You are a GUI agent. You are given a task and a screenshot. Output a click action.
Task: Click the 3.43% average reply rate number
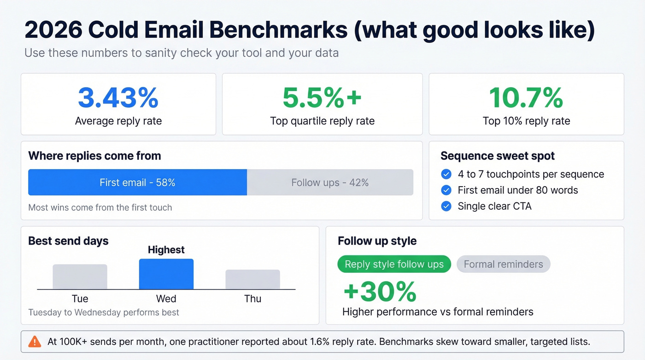point(118,98)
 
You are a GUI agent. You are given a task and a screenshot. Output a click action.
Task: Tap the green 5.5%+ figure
point(322,98)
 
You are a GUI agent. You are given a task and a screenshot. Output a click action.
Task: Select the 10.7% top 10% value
point(526,98)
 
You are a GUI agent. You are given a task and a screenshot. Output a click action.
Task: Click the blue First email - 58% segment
point(137,183)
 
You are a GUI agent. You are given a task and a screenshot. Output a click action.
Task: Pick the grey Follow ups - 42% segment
point(330,183)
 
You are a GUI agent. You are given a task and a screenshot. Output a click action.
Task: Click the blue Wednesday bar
point(166,274)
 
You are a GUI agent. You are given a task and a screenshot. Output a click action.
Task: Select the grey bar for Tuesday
point(80,277)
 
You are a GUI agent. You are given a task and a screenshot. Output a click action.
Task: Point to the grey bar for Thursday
point(252,279)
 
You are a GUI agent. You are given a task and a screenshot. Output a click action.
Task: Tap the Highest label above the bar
point(166,250)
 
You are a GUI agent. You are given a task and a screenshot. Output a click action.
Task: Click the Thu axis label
point(252,299)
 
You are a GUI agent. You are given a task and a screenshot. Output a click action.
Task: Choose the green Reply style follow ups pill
point(394,264)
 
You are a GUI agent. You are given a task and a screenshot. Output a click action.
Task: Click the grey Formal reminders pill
point(503,264)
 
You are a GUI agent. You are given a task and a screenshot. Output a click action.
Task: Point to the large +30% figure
point(380,291)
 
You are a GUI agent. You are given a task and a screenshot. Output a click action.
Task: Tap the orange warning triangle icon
point(35,342)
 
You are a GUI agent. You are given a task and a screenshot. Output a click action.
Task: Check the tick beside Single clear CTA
point(446,206)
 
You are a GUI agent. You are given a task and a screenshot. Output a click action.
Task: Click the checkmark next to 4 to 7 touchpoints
point(446,174)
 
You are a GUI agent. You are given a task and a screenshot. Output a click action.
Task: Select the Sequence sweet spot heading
point(498,156)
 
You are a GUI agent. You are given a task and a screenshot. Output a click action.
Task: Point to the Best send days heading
point(68,241)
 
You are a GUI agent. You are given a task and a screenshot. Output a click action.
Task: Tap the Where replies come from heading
point(94,156)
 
